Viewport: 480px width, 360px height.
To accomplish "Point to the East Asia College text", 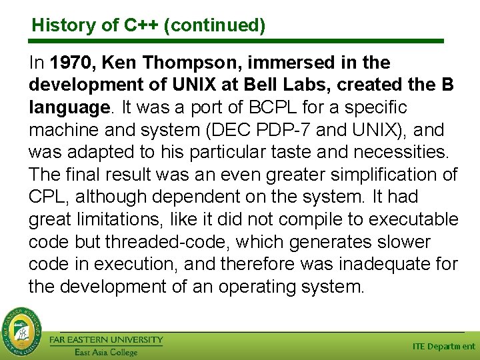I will (105, 352).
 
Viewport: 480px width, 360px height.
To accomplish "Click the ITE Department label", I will (444, 347).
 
